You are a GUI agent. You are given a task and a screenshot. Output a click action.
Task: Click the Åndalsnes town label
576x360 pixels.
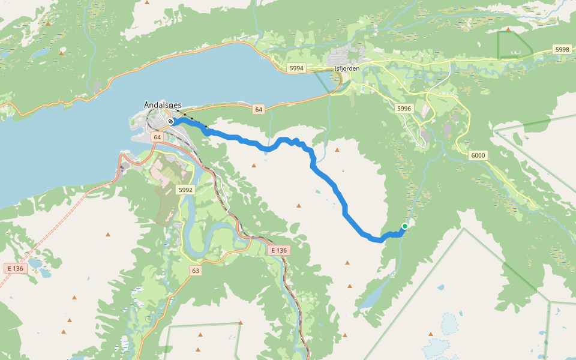click(x=163, y=105)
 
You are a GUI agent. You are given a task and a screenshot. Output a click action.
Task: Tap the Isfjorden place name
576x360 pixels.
click(x=347, y=68)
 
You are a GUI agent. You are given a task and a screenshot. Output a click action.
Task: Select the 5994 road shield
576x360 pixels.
click(x=296, y=68)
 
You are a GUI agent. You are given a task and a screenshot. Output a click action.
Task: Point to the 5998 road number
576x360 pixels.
click(x=562, y=49)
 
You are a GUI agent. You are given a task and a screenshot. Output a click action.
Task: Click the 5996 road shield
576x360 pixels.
click(x=404, y=109)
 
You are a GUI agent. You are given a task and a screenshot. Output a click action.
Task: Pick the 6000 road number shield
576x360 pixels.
click(x=478, y=155)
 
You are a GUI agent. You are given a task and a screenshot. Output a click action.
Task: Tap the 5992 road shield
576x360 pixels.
click(x=186, y=190)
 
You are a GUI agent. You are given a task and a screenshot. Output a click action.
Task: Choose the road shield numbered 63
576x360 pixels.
click(x=196, y=271)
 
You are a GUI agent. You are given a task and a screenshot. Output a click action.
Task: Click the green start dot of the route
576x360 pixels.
click(x=405, y=226)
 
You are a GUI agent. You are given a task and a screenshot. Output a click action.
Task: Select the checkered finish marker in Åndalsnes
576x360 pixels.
click(x=171, y=121)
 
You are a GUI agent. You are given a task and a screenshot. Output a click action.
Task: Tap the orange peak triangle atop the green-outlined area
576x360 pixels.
click(x=508, y=29)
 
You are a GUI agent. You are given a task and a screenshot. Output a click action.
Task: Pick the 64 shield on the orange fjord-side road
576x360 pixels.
click(x=259, y=109)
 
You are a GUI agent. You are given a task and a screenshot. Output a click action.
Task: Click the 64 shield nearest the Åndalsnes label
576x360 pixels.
click(x=157, y=137)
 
